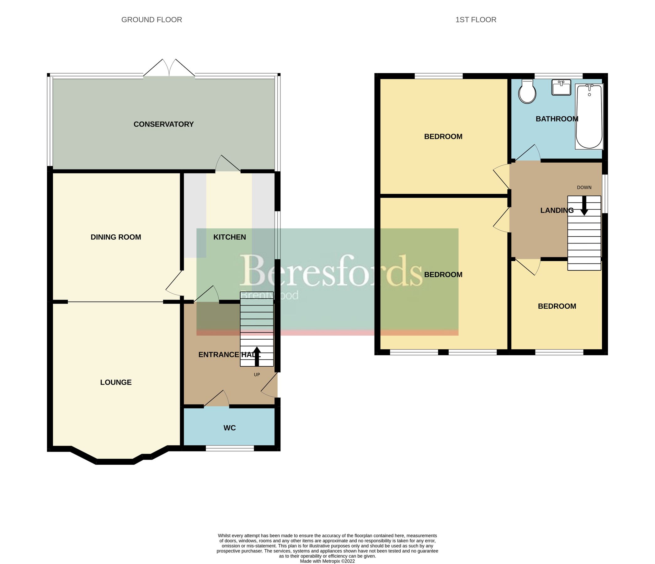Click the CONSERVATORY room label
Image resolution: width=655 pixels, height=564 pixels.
click(163, 124)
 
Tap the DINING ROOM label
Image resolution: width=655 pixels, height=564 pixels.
click(116, 237)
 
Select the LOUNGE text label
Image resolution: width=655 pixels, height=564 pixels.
click(116, 382)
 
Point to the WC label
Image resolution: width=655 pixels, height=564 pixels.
click(230, 428)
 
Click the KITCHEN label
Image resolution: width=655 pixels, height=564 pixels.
click(230, 237)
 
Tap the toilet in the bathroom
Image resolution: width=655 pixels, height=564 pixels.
click(527, 91)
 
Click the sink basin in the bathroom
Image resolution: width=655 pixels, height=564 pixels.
click(561, 87)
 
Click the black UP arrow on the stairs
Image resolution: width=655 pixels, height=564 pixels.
click(257, 356)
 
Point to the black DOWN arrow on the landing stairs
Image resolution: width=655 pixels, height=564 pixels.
click(584, 206)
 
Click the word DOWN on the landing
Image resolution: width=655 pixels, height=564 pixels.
click(584, 188)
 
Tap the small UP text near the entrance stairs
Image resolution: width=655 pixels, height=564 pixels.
click(257, 375)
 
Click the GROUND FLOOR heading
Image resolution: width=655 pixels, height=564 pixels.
click(152, 20)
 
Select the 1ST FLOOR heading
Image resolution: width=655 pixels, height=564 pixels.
click(476, 20)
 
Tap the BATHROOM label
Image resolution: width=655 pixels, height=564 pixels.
click(557, 119)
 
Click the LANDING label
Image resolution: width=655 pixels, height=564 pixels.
click(557, 211)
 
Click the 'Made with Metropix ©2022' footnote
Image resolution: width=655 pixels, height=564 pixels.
click(327, 561)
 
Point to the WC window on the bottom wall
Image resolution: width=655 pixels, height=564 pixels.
click(230, 448)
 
